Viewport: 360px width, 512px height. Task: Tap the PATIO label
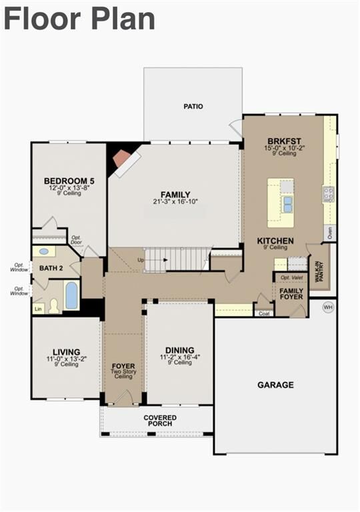click(x=193, y=106)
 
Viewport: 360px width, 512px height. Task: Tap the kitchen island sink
click(x=287, y=203)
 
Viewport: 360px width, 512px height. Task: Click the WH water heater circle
click(x=328, y=307)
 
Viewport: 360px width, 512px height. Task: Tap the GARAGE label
click(x=276, y=385)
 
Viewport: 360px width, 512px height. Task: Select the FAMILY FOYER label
click(x=291, y=294)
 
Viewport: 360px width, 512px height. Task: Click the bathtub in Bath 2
click(x=71, y=295)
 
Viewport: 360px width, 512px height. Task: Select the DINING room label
click(x=180, y=350)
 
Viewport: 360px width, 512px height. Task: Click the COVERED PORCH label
click(x=159, y=421)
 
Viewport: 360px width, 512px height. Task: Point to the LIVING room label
click(x=66, y=352)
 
